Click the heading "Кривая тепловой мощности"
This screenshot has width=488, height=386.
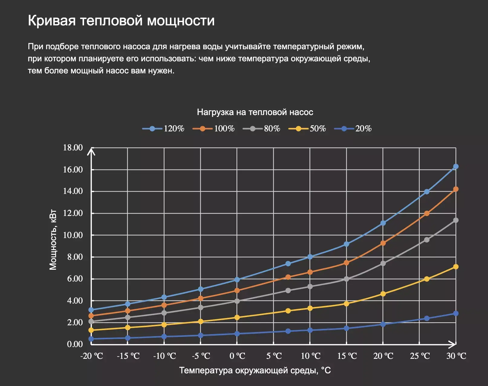click(x=121, y=21)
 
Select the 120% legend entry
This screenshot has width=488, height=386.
click(x=164, y=129)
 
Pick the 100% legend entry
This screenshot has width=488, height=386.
click(x=214, y=129)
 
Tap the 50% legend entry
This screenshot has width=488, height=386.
click(x=307, y=129)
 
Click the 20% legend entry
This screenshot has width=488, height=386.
click(x=353, y=129)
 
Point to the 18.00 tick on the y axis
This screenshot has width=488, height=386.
click(x=73, y=148)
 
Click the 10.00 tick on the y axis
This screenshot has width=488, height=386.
click(x=73, y=235)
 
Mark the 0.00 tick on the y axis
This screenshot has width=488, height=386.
click(x=75, y=344)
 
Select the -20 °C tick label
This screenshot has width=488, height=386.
click(x=92, y=356)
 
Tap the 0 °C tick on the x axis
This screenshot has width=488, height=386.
click(x=237, y=356)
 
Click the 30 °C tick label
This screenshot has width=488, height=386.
click(x=456, y=356)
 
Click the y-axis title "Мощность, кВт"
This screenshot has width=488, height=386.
click(x=53, y=239)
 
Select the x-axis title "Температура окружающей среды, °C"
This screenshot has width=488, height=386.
click(x=255, y=370)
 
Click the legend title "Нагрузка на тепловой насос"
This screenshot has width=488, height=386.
click(x=255, y=112)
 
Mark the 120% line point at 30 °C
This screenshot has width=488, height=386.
click(x=456, y=167)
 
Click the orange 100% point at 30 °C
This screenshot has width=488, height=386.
click(x=456, y=189)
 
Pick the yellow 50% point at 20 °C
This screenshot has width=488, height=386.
click(x=383, y=294)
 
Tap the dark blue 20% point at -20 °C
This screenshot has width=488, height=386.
click(x=91, y=339)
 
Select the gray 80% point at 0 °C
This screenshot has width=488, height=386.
click(x=237, y=301)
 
